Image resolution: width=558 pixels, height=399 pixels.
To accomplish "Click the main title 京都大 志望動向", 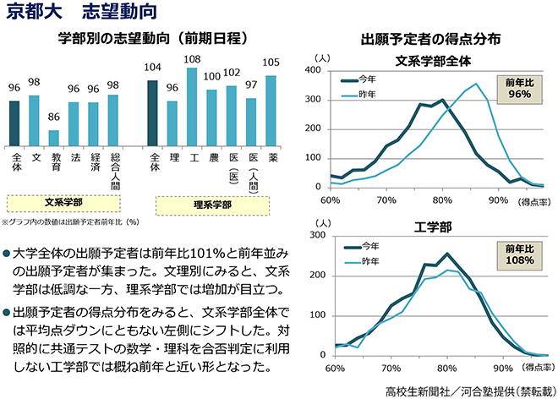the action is (x=82, y=11).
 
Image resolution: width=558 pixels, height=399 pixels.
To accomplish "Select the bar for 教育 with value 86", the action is (x=54, y=138).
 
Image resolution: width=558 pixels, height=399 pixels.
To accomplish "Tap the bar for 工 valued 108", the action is (x=192, y=107).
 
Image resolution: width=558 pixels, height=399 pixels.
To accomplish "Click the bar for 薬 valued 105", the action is (x=271, y=111).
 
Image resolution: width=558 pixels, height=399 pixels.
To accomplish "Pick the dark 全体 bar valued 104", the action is (x=152, y=113).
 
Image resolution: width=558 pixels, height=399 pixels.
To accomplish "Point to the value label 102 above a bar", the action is (x=232, y=73).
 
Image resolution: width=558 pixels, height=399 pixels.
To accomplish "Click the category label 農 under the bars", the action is (x=214, y=157).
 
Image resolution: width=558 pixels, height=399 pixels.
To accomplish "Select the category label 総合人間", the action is (x=115, y=172).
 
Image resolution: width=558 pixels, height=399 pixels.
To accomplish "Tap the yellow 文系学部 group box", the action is (x=63, y=203).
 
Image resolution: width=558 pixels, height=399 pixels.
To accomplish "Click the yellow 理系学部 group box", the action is (x=212, y=205).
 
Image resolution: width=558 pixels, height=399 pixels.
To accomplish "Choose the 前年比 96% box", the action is (x=520, y=89).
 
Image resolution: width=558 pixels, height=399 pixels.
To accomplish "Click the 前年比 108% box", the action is (x=520, y=255).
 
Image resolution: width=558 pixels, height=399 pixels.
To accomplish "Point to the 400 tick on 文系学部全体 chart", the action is (x=313, y=70).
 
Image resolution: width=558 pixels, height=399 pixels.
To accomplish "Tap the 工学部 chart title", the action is (x=433, y=227).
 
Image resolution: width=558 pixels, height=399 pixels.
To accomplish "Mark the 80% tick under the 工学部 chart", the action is (x=447, y=368).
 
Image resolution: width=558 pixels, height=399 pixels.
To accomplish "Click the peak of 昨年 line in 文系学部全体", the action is (x=476, y=84).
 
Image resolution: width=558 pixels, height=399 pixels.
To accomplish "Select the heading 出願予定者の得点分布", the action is (x=430, y=39).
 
